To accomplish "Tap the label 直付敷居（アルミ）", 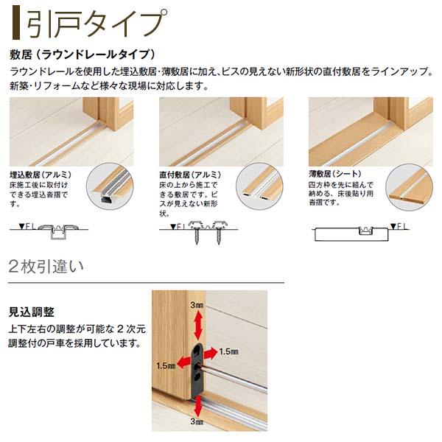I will (190, 175).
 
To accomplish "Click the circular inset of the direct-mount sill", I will (261, 189).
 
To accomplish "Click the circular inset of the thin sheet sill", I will (410, 189).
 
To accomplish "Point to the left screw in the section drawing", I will (196, 234).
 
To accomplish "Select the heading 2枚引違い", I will (46, 265).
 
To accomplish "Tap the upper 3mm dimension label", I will (196, 305).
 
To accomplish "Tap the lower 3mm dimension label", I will (196, 421).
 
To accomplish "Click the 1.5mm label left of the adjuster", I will (165, 365).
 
